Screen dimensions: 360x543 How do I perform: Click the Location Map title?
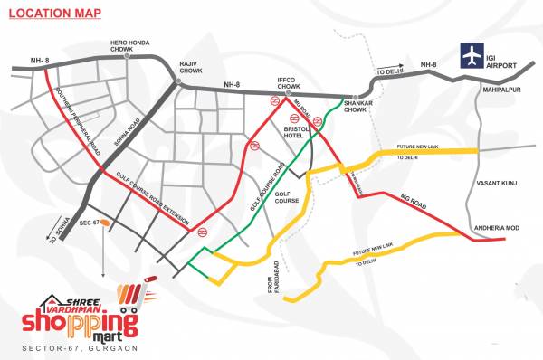tap(52, 13)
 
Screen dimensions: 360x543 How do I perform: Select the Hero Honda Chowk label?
tap(128, 45)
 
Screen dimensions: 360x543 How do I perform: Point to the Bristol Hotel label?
tap(298, 134)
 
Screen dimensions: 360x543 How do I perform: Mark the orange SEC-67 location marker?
tap(106, 221)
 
